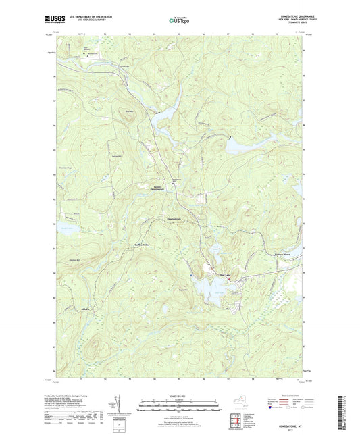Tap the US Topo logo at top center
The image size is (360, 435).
pos(177,20)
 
